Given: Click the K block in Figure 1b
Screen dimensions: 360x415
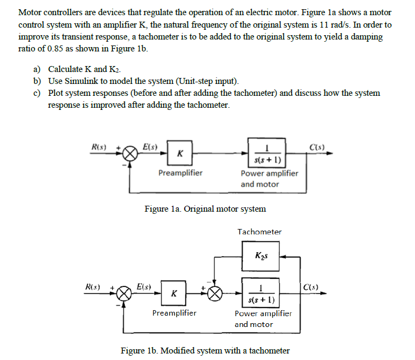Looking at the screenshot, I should coord(173,293).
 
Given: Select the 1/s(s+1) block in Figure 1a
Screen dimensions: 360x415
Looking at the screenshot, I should coord(267,153).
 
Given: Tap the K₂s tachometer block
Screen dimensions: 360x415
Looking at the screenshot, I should coord(261,256).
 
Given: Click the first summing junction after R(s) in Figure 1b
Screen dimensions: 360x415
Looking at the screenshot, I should coord(124,293).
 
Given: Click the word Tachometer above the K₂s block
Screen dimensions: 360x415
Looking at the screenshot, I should coord(260,232).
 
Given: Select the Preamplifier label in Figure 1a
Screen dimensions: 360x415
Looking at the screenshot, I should coord(180,173).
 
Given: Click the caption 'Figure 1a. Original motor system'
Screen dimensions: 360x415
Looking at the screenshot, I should coord(205,208).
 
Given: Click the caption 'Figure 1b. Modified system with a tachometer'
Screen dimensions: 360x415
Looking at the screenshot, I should coord(205,350).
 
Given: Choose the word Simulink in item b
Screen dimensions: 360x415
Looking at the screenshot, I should coord(81,81).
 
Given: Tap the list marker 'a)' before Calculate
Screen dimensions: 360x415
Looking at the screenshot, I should coord(37,69).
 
